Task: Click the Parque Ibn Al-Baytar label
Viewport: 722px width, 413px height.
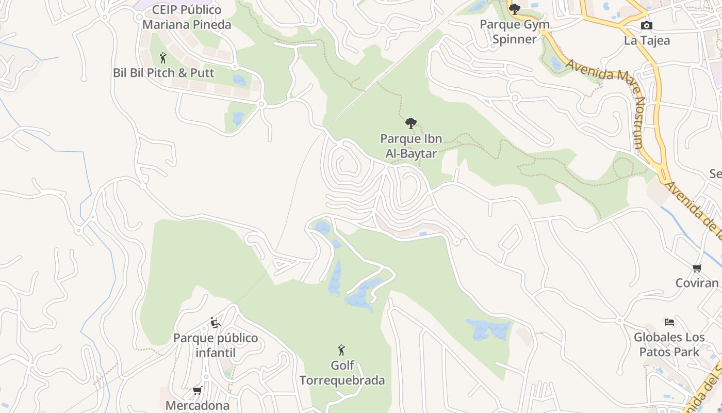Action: point(411,146)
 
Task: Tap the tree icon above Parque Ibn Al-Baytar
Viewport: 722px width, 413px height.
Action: point(411,123)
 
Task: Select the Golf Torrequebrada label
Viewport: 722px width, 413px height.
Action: point(342,373)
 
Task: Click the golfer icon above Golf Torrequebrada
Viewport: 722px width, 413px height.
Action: point(341,351)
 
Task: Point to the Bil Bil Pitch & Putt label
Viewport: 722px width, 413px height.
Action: point(163,73)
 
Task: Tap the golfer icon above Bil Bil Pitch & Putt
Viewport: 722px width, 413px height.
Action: point(163,57)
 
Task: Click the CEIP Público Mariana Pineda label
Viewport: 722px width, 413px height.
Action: point(187,17)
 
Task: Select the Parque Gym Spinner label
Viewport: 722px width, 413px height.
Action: point(514,32)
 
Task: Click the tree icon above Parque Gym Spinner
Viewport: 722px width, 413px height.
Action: point(514,9)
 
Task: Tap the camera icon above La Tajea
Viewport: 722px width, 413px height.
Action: point(646,25)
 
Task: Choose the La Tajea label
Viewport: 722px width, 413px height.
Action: point(647,41)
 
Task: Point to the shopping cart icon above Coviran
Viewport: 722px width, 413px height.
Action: point(697,268)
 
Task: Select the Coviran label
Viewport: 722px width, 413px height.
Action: point(697,283)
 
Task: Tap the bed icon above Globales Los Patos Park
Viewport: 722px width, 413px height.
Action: point(669,322)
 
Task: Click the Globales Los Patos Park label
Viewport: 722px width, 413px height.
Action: point(669,345)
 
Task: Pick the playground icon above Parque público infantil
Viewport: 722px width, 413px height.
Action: point(216,323)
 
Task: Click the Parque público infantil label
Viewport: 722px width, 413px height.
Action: point(216,345)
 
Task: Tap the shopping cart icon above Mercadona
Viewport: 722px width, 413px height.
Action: point(197,391)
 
